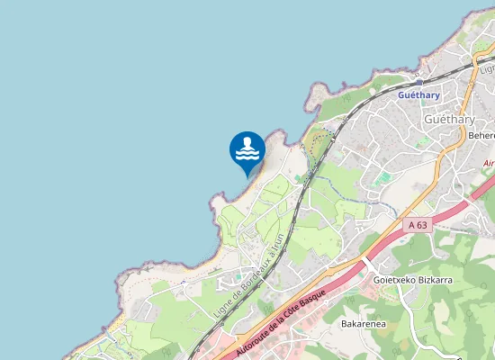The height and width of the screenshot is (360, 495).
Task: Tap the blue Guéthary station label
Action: point(418,93)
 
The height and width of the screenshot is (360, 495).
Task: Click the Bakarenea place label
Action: point(364,322)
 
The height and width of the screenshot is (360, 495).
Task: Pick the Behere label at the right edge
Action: point(482,136)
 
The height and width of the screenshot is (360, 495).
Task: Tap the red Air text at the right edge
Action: point(489,163)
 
